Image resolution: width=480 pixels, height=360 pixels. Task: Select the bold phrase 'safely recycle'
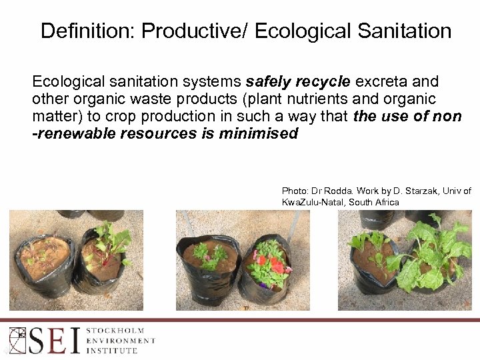point(298,82)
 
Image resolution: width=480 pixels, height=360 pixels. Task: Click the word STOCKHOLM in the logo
point(119,330)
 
